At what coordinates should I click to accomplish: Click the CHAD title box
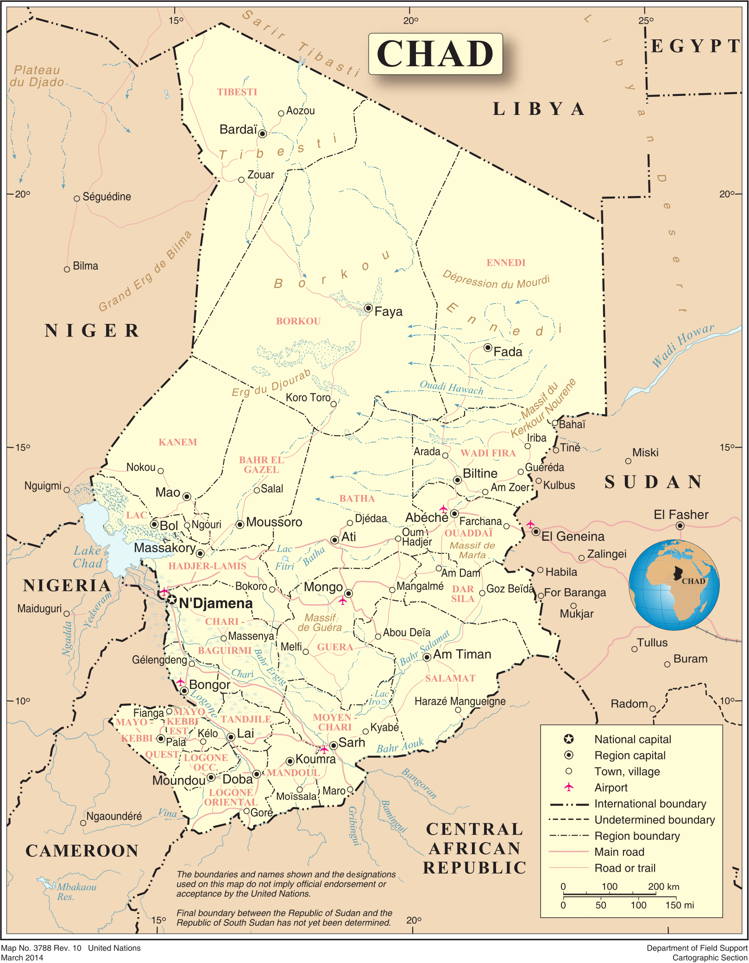point(435,54)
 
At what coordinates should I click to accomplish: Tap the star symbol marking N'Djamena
point(172,600)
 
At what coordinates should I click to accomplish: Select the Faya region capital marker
point(368,308)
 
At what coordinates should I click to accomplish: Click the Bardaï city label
point(238,129)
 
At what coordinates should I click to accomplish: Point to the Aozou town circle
point(281,114)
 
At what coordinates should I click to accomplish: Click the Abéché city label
point(426,518)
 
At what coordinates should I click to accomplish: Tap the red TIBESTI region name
point(237,92)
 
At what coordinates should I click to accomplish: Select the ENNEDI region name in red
point(506,262)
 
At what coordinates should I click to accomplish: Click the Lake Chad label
point(88,557)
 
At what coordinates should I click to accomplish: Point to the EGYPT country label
point(695,46)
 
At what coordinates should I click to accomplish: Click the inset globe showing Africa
point(674,585)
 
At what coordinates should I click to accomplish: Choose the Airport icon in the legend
point(569,787)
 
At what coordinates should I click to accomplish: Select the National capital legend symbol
point(569,739)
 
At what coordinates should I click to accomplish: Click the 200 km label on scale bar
point(663,887)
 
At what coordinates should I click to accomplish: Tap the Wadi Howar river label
point(683,345)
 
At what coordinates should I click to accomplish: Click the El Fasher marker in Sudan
point(680,526)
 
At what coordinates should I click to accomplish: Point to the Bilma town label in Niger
point(85,266)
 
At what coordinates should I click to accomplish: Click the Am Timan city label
point(462,654)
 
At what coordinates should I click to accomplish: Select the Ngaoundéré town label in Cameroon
point(114,816)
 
